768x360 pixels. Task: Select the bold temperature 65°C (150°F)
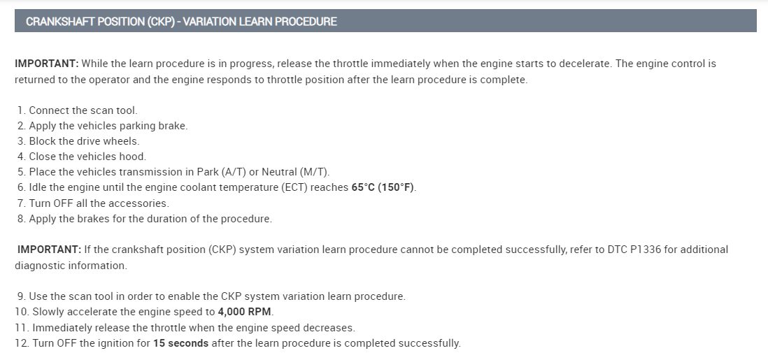pyautogui.click(x=383, y=187)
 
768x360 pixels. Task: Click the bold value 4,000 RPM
pyautogui.click(x=244, y=312)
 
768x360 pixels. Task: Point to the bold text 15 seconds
pyautogui.click(x=180, y=343)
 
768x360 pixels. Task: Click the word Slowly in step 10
pyautogui.click(x=48, y=312)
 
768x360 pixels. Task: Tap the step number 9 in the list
pyautogui.click(x=21, y=296)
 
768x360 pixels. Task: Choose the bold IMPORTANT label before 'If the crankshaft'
pyautogui.click(x=50, y=250)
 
